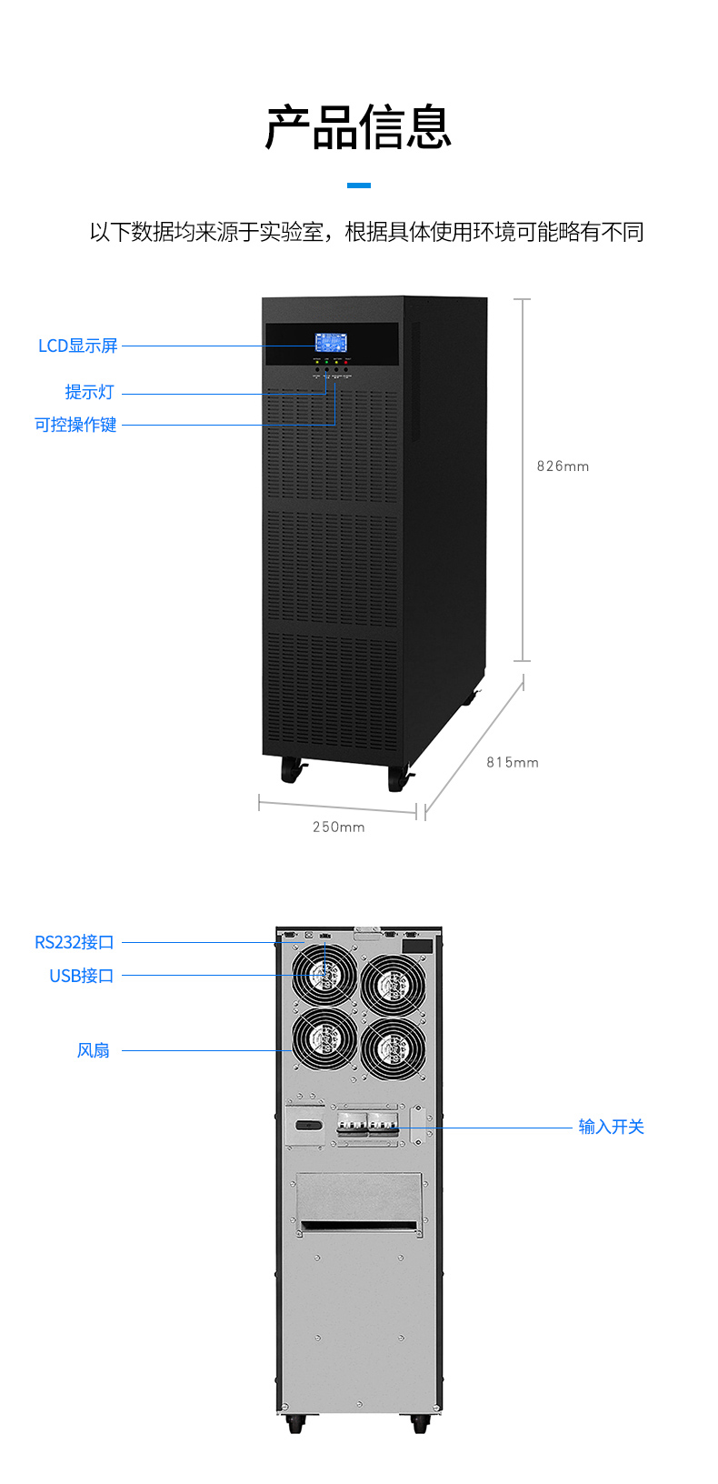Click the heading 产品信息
tap(358, 127)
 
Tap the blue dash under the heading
tap(359, 185)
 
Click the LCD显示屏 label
tap(78, 346)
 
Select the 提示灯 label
tap(89, 392)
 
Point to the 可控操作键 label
tap(75, 425)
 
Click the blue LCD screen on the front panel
tap(331, 343)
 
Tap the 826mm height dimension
tap(563, 466)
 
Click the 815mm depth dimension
tap(513, 763)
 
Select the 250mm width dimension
tap(338, 827)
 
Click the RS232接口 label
tap(75, 942)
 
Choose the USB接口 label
tap(82, 976)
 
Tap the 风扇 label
tap(94, 1050)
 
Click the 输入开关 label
tap(611, 1127)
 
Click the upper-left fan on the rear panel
tap(324, 975)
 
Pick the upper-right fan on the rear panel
tap(394, 984)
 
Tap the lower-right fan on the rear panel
tap(394, 1048)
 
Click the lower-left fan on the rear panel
tap(324, 1039)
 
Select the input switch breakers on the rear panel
tap(368, 1124)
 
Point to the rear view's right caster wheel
tap(420, 1423)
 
